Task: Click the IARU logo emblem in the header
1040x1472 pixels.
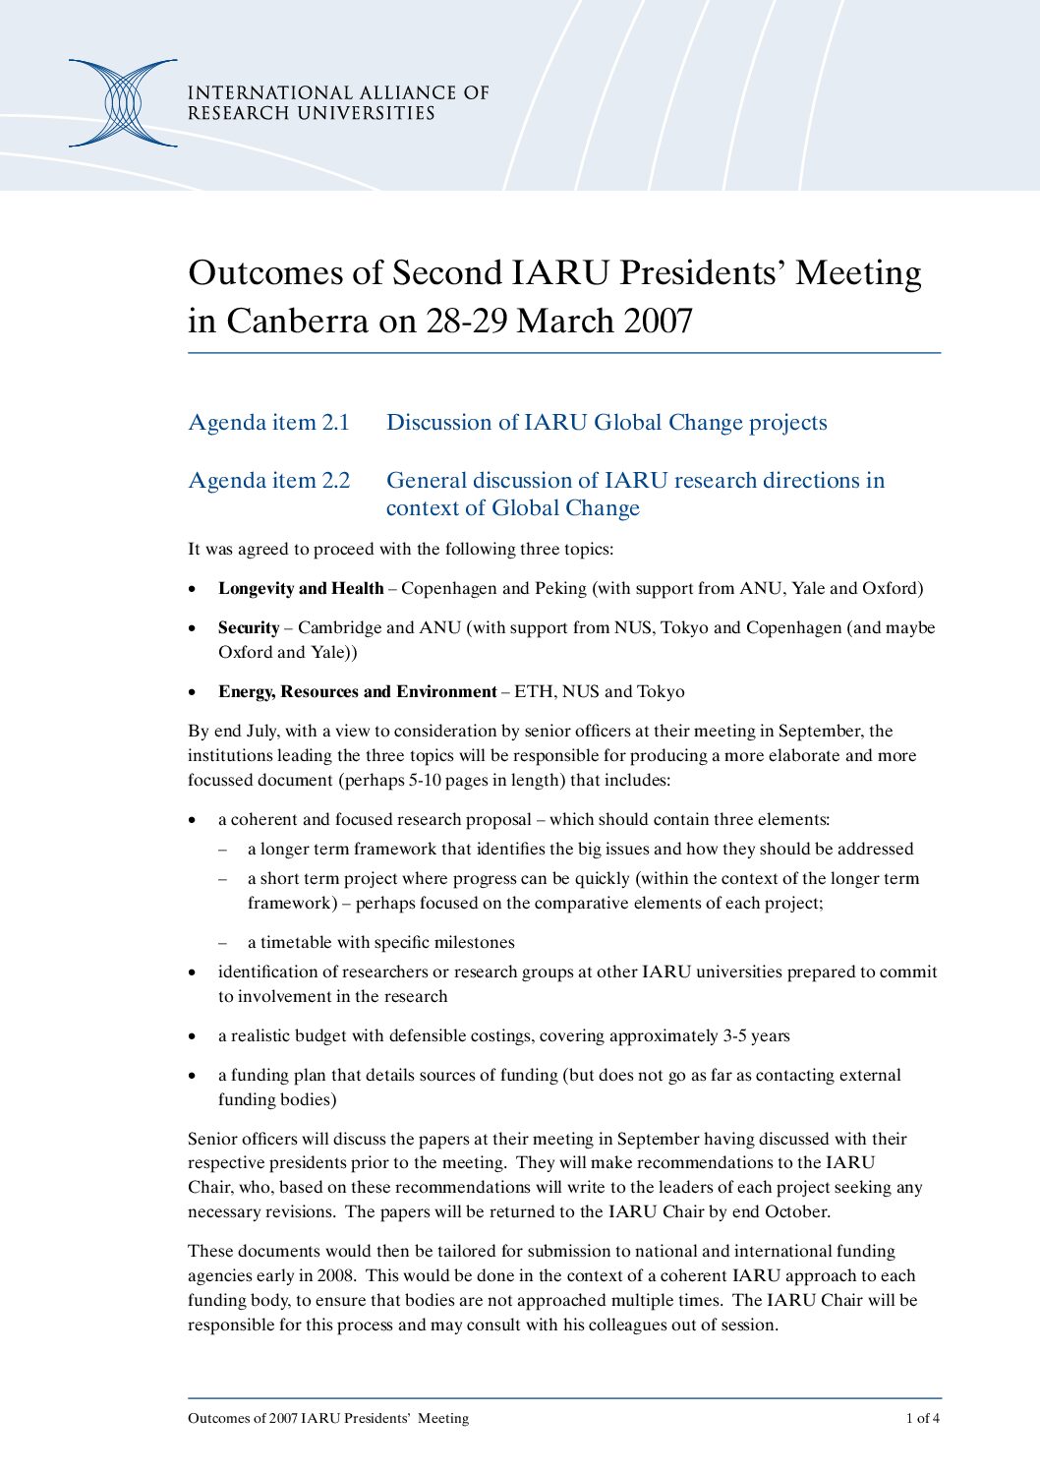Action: point(123,103)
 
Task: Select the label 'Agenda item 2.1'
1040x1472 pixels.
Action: point(268,423)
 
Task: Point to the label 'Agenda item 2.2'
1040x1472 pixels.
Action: point(268,481)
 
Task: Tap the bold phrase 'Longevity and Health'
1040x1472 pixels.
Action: point(301,589)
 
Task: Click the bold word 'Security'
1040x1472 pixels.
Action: point(249,628)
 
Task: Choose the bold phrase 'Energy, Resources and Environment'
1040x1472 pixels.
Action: point(357,692)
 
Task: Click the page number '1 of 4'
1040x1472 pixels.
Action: point(922,1418)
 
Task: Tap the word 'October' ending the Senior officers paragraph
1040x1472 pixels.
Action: point(795,1212)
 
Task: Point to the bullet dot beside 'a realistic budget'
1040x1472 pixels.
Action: point(193,1036)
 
